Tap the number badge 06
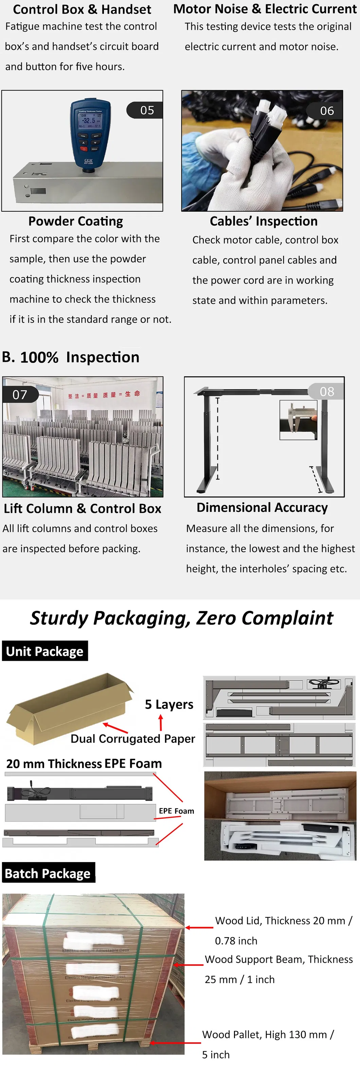point(326,111)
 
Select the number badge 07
point(19,394)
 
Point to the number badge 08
point(326,391)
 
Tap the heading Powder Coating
point(75,221)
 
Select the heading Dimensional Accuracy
point(262,508)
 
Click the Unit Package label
point(45,651)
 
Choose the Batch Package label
point(48,874)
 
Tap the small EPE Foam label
point(176,811)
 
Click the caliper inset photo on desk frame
point(298,419)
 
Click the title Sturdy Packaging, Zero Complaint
point(181,618)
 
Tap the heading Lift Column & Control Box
point(82,508)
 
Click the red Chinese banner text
point(104,394)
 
